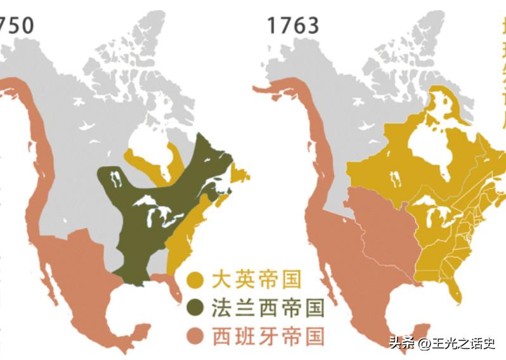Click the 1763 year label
pos(292,25)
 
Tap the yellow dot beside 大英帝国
pos(197,279)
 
